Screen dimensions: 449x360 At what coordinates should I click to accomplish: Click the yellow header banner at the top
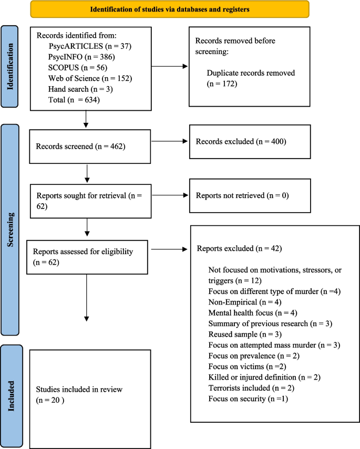coord(170,9)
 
